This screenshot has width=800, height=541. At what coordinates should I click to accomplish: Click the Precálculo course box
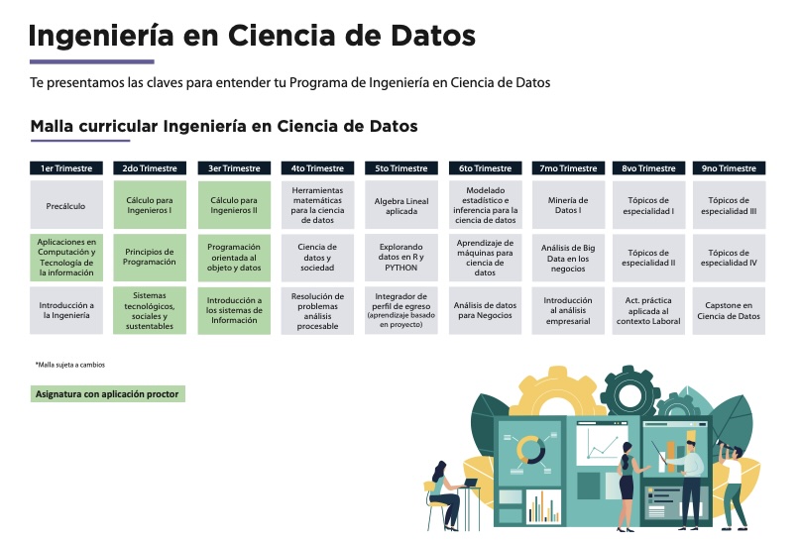tap(66, 205)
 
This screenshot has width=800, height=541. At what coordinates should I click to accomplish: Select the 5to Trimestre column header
tap(401, 168)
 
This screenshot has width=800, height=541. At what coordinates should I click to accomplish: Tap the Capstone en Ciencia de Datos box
tap(729, 310)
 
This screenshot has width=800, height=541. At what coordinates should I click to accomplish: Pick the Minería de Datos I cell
tap(568, 205)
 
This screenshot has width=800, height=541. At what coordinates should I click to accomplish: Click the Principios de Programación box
tap(150, 257)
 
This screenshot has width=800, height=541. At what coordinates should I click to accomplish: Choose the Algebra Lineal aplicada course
tap(401, 205)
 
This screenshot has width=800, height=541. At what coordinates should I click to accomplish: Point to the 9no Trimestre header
tap(729, 168)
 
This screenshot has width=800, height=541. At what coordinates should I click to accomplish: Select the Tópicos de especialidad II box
tap(648, 258)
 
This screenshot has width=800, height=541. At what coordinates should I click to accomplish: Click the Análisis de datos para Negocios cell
tap(485, 310)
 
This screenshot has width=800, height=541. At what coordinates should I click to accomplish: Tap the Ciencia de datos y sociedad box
tap(317, 258)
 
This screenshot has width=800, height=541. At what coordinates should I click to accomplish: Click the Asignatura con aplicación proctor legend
tap(108, 393)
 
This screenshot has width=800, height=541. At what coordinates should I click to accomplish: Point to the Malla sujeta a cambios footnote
tap(70, 365)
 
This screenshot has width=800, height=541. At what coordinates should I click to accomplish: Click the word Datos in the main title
tap(432, 36)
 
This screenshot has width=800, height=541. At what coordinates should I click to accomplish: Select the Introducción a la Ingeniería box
tap(66, 310)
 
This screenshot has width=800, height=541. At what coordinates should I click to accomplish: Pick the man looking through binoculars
tap(733, 485)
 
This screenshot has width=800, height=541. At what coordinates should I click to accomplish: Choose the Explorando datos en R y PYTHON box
tap(401, 258)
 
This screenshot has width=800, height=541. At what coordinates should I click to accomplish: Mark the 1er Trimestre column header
tap(66, 168)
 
